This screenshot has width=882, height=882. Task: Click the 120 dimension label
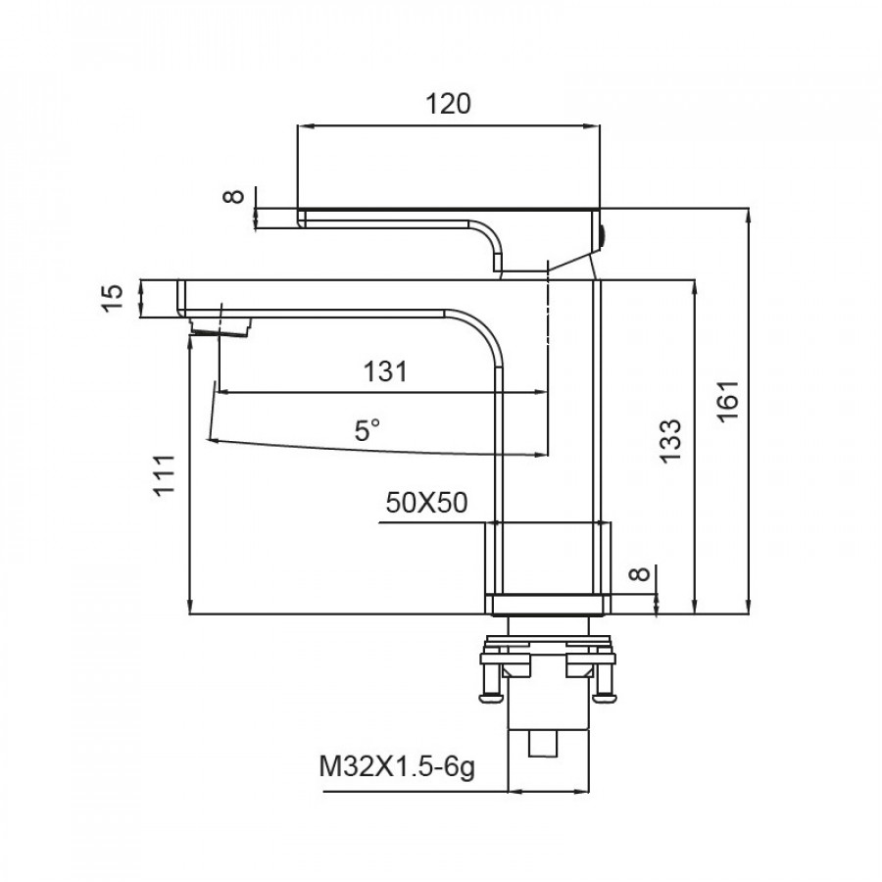[448, 104]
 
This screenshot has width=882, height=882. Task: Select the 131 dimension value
[385, 371]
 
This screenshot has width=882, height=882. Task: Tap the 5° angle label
[367, 431]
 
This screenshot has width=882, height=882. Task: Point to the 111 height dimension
[165, 475]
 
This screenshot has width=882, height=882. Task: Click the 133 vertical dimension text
[670, 441]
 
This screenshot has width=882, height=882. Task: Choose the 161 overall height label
[728, 401]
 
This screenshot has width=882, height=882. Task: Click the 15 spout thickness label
[112, 298]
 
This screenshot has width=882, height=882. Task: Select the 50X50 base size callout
[426, 503]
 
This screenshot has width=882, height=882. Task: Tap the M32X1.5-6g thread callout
[397, 767]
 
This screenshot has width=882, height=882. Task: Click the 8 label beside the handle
[234, 196]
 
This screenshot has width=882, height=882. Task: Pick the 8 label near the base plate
[639, 574]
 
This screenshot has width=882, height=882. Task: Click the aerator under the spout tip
[220, 327]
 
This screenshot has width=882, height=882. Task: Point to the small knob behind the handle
[603, 236]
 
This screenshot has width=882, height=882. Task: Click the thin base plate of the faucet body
[549, 605]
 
